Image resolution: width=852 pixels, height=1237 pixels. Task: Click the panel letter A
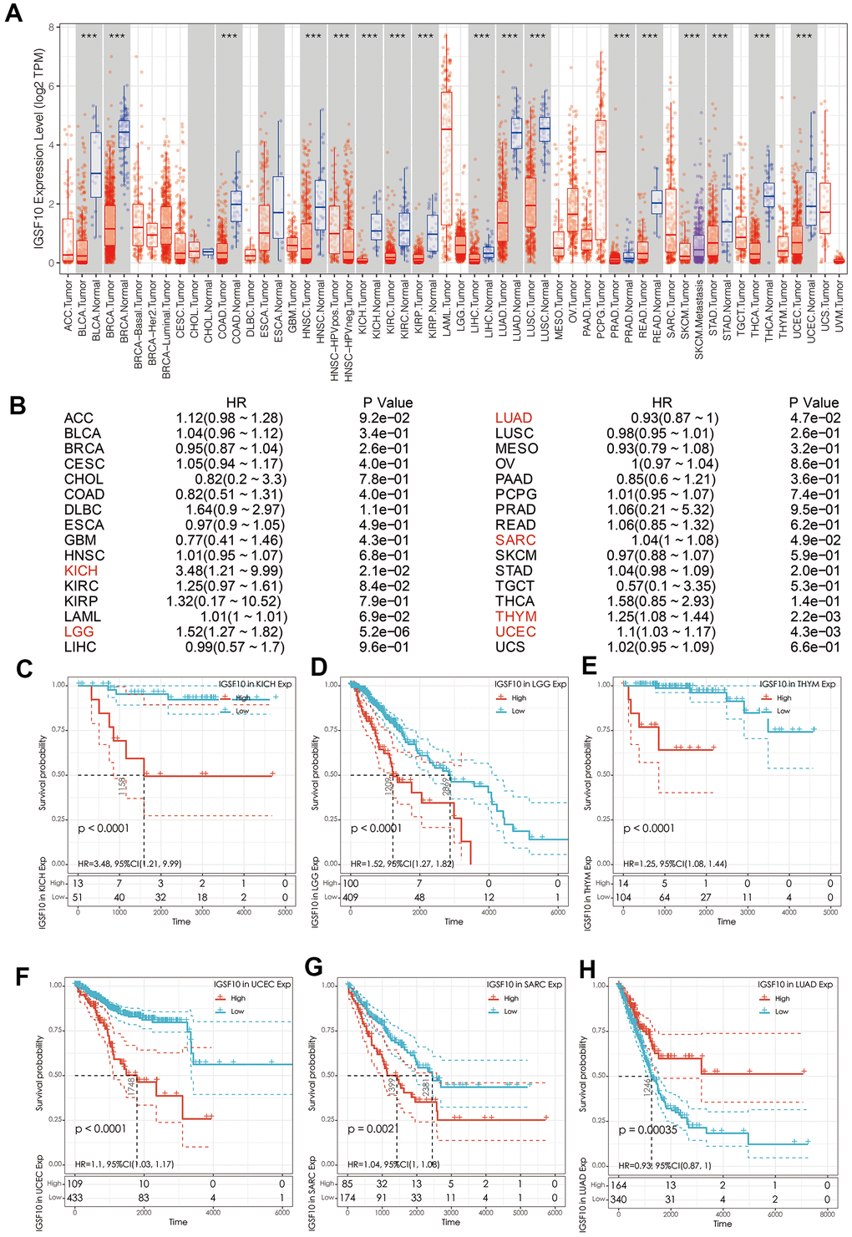click(13, 13)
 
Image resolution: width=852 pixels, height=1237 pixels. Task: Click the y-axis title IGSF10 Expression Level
click(38, 148)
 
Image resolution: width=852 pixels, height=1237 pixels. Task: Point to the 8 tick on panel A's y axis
click(52, 28)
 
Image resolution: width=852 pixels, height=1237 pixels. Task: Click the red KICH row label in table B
click(81, 570)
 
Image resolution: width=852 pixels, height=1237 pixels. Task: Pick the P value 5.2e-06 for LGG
click(384, 631)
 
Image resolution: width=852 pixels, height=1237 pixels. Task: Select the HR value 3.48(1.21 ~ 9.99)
click(230, 570)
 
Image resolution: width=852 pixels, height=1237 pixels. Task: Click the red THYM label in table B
click(515, 616)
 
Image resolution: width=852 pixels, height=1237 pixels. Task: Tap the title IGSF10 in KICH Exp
click(256, 684)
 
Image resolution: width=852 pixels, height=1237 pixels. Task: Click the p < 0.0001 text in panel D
click(376, 829)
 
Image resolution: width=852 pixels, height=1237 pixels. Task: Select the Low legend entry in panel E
click(783, 711)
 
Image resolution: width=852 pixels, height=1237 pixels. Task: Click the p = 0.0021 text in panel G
click(373, 1129)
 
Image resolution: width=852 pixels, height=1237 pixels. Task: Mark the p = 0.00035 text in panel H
click(648, 1129)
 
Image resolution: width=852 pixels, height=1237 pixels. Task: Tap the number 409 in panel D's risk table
click(350, 897)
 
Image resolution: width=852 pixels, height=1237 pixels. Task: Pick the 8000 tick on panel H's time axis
click(827, 1214)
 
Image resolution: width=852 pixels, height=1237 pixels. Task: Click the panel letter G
click(314, 967)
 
